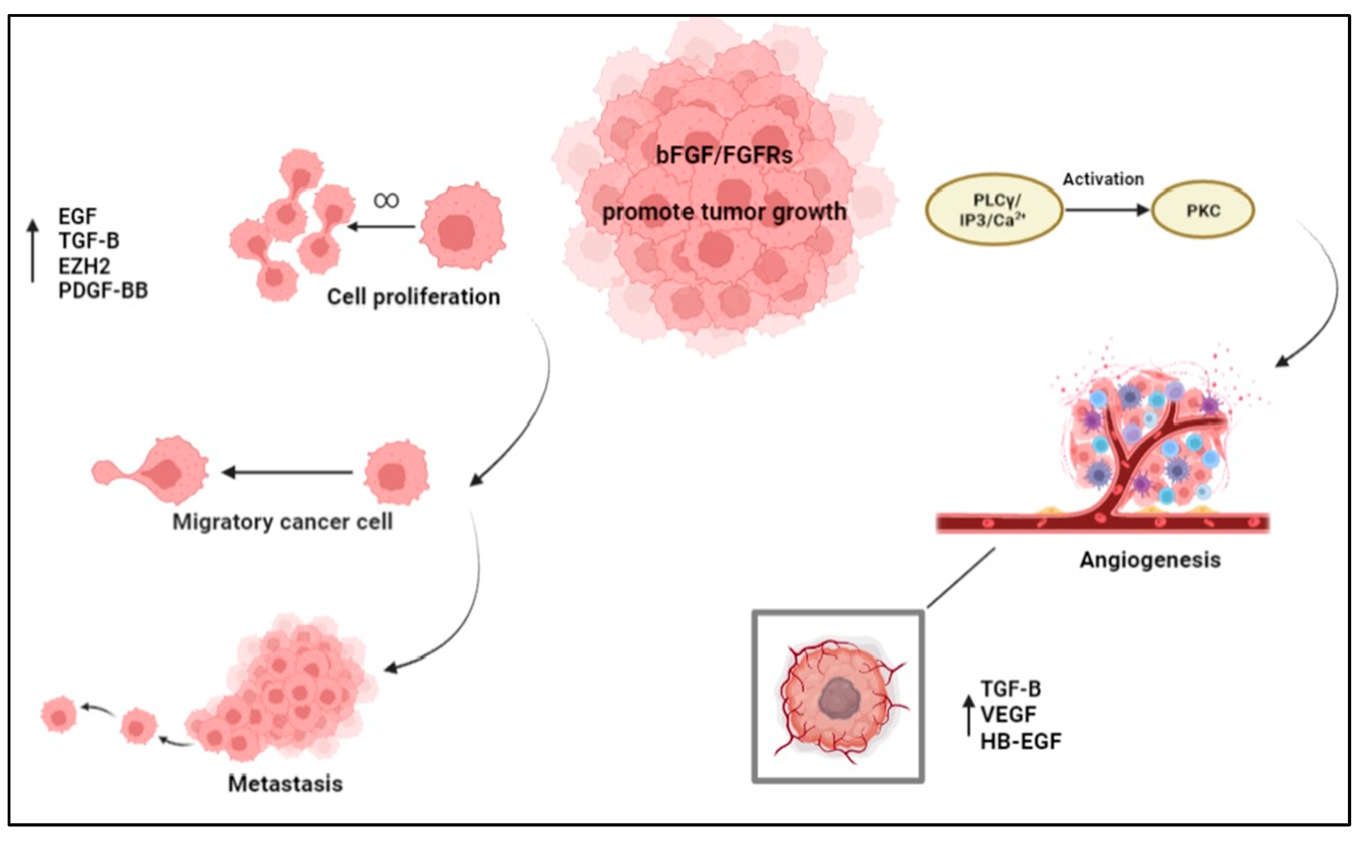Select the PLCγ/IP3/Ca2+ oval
click(994, 210)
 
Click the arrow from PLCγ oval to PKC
click(1106, 210)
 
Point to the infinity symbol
click(386, 200)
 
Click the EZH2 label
click(84, 266)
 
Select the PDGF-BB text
click(103, 291)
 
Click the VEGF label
click(1008, 715)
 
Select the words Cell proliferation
click(413, 297)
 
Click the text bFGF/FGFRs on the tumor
click(724, 155)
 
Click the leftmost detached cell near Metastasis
click(59, 714)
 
